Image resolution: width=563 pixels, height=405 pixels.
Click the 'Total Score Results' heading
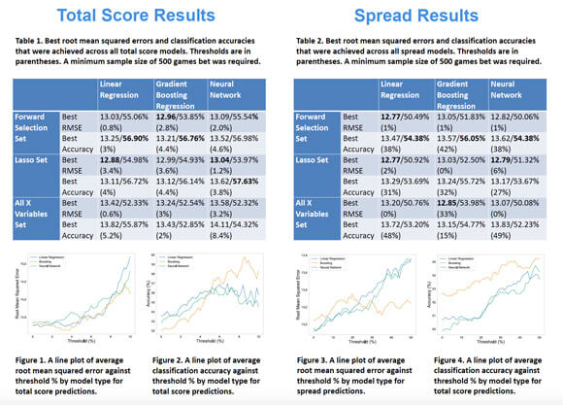point(143,17)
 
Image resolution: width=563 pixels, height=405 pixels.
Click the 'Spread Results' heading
point(417,17)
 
